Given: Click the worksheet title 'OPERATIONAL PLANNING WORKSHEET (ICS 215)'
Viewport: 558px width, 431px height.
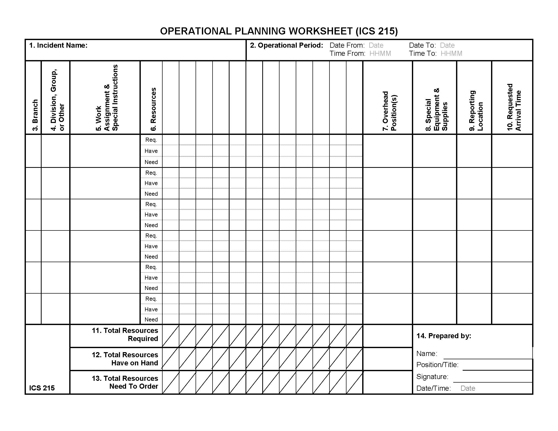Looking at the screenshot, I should click(279, 31).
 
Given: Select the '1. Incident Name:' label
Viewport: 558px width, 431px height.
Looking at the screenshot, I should click(58, 45).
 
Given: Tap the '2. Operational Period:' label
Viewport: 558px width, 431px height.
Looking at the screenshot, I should click(286, 45).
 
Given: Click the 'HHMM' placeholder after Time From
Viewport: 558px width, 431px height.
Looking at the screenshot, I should click(380, 53).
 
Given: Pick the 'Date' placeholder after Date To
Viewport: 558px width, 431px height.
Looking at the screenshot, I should click(447, 45).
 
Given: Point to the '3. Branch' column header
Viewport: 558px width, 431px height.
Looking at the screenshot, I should click(35, 115).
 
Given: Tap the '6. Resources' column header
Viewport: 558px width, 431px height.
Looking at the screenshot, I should click(153, 109).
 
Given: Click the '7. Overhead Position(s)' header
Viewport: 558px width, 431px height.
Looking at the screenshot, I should click(389, 111).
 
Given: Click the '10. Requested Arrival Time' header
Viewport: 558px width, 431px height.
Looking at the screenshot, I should click(514, 107).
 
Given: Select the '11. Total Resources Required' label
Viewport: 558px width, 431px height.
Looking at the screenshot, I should click(125, 334).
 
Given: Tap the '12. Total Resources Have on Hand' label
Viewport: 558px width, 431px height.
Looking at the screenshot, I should click(125, 359).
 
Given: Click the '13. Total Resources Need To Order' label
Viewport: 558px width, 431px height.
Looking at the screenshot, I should click(125, 382).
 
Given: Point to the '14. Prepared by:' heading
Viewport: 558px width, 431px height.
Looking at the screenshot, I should click(444, 336).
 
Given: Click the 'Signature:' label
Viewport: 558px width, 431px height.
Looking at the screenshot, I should click(432, 376).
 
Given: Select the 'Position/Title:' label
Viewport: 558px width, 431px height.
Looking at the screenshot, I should click(437, 365).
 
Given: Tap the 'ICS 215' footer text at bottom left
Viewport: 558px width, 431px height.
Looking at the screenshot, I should click(42, 388).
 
